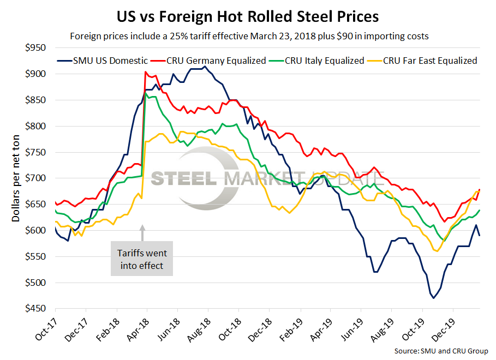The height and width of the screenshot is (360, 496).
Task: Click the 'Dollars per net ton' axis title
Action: tap(16, 179)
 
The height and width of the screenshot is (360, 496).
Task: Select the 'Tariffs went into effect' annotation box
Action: tap(142, 259)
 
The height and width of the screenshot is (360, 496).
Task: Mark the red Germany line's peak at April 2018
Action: tap(145, 72)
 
